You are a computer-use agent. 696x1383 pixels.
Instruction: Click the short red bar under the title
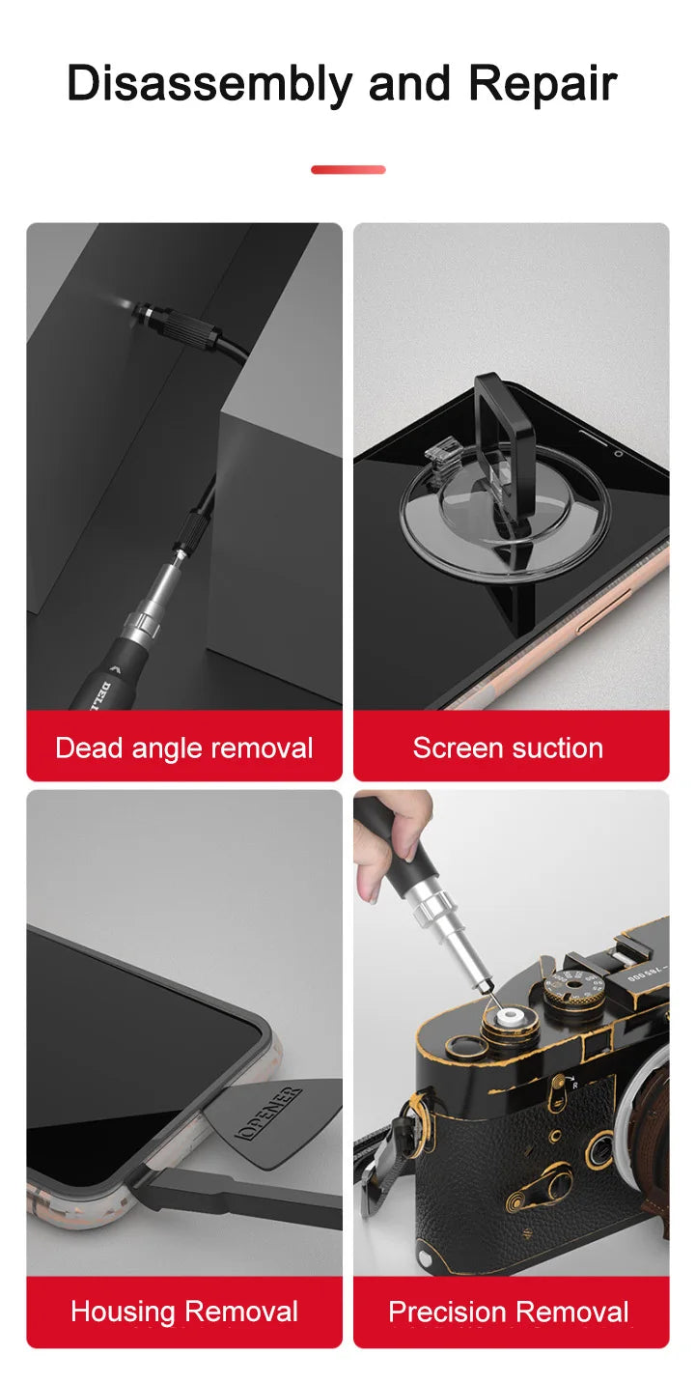pos(348,170)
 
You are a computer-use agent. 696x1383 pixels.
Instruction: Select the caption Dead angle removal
pos(183,748)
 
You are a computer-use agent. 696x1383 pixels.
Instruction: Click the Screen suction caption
pos(508,748)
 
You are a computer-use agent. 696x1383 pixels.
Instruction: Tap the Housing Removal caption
pos(183,1312)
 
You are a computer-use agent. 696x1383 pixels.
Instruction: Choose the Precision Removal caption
pos(509,1312)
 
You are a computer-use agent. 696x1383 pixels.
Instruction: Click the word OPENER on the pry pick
pos(269,1114)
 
